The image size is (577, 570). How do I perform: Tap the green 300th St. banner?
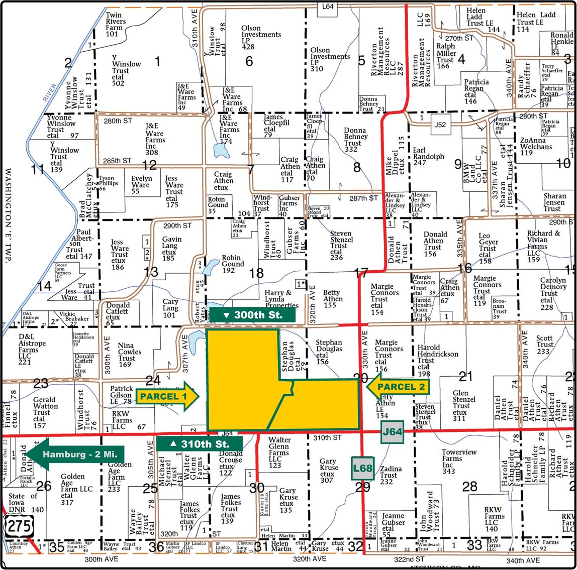252,315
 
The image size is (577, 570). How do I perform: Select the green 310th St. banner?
200,444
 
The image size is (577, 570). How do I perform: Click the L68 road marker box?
362,469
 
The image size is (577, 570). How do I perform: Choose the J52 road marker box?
440,125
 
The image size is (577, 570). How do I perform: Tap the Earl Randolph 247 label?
426,156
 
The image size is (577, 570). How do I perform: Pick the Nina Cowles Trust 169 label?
127,355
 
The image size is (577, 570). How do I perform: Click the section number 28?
470,486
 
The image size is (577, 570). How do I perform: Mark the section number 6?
249,61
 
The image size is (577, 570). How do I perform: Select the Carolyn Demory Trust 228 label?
553,294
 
